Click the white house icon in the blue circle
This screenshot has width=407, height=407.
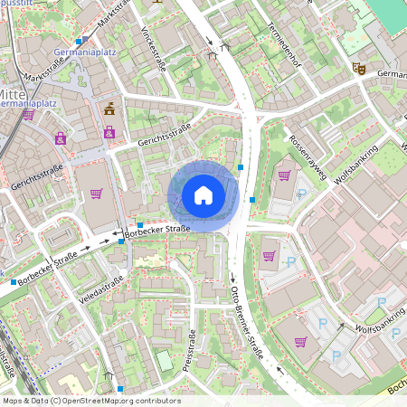[203, 194]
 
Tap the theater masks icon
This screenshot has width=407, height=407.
[358, 67]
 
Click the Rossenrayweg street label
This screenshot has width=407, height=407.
[308, 155]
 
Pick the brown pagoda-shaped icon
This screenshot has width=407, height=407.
[110, 110]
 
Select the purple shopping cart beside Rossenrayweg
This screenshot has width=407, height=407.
[284, 175]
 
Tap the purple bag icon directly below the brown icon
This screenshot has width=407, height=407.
[109, 133]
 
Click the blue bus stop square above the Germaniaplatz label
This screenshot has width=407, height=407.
[79, 42]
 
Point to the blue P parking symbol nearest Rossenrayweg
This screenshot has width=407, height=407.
[302, 194]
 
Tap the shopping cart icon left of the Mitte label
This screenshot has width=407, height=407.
[28, 115]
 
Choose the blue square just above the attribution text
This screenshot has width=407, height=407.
[119, 389]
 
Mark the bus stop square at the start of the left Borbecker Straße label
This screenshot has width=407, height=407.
[14, 282]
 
